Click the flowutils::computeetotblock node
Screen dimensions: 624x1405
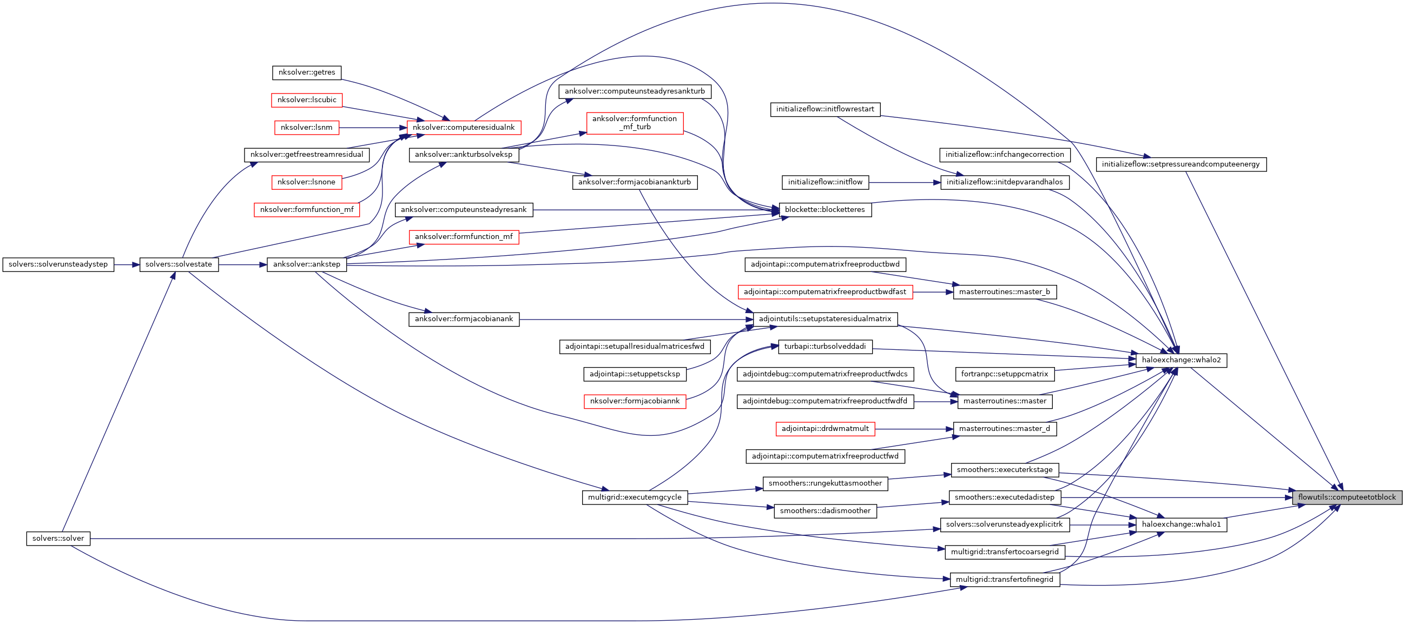[x=1347, y=497]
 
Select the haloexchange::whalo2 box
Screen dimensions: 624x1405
[x=1181, y=360]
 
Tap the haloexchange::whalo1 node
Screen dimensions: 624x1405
[x=1181, y=525]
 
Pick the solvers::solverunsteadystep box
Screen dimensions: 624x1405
[x=58, y=264]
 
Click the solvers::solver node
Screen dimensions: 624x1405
[x=58, y=539]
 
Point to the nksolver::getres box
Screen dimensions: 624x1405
[x=307, y=72]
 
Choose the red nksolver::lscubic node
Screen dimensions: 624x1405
[x=307, y=99]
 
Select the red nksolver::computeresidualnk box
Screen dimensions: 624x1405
[x=464, y=128]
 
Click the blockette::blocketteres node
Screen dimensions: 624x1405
[x=824, y=209]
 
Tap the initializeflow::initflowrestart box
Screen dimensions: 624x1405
[x=824, y=109]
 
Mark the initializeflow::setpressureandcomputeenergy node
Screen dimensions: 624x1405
[x=1181, y=164]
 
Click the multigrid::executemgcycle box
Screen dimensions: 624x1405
[x=634, y=497]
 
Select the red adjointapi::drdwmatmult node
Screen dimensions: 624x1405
[x=824, y=428]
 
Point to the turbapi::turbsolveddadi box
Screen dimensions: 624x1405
[x=824, y=347]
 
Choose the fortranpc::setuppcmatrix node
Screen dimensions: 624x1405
[x=1004, y=374]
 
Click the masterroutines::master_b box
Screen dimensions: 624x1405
[x=1004, y=291]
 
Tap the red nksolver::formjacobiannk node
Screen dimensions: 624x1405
[x=634, y=401]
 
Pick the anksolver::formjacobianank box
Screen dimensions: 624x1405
[x=464, y=319]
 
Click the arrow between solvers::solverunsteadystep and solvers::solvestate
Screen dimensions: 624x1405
[x=127, y=265]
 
